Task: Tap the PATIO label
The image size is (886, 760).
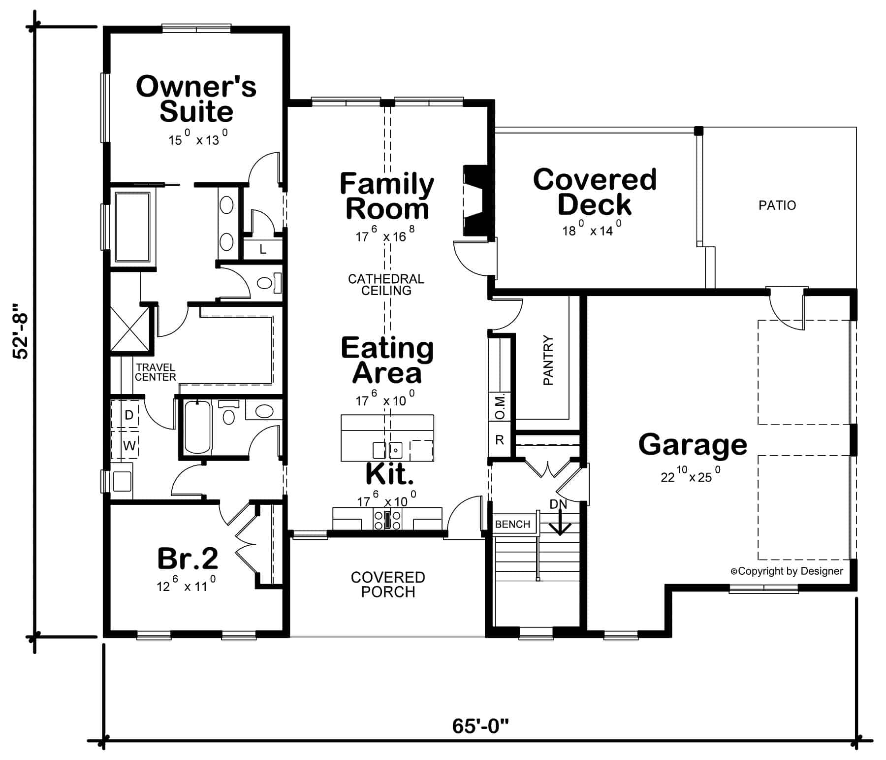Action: tap(777, 205)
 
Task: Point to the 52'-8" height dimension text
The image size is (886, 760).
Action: tap(22, 331)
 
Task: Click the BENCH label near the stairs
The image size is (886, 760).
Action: tap(512, 524)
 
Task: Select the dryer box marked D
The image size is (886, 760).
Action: tap(129, 415)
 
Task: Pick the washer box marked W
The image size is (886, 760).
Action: tap(129, 446)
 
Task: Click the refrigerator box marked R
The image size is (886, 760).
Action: tap(500, 440)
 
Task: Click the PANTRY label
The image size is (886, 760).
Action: tap(548, 360)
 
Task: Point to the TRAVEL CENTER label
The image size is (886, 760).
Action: tap(155, 372)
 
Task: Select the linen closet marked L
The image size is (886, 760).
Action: tap(263, 250)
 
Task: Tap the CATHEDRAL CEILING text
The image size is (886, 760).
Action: tap(386, 285)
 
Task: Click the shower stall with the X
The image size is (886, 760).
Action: tap(129, 329)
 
